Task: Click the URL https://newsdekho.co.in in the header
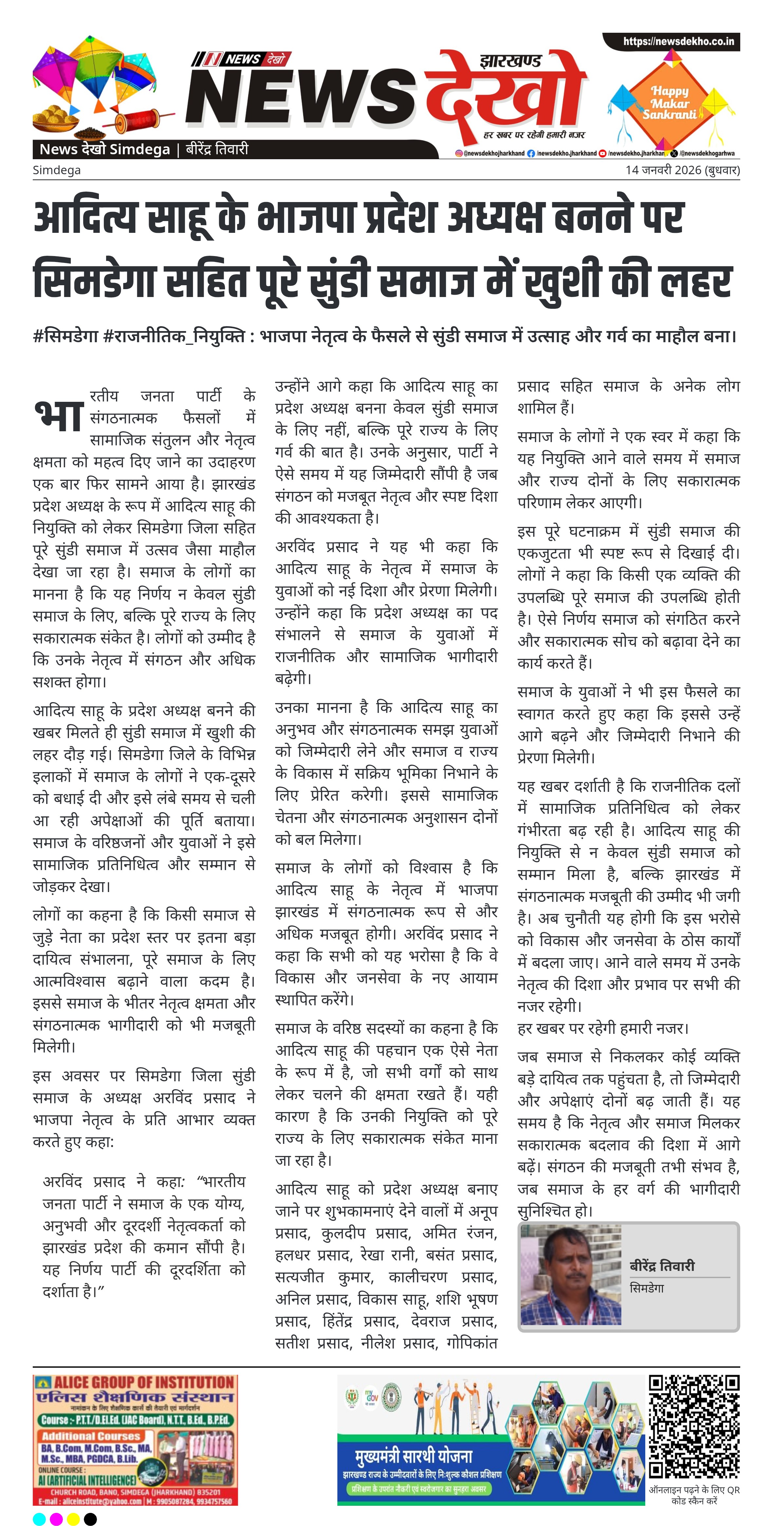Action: coord(678,42)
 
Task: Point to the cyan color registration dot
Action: coord(39,1518)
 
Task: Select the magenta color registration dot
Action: coord(56,1518)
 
